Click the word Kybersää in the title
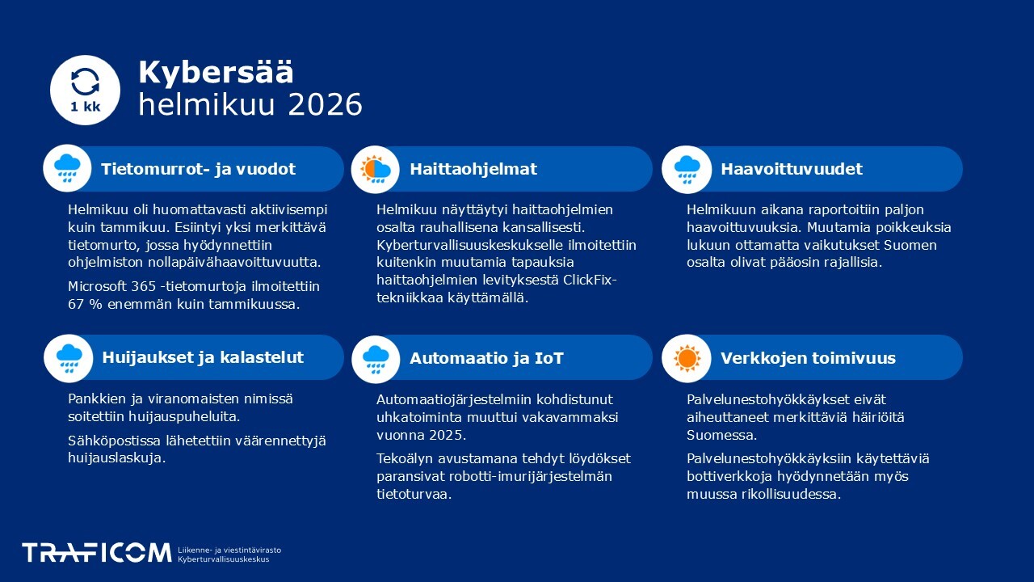click(x=216, y=73)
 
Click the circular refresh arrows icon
click(x=85, y=81)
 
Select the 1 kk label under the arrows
click(x=85, y=107)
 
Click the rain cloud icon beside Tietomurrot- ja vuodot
click(x=67, y=169)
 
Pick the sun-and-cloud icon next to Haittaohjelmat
click(x=376, y=169)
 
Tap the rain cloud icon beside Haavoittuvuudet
click(x=686, y=169)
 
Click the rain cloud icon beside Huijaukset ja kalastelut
click(x=68, y=358)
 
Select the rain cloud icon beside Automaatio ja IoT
click(x=376, y=358)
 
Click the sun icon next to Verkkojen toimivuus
click(x=686, y=358)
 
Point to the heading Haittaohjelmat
click(x=473, y=169)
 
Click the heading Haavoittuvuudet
click(x=791, y=169)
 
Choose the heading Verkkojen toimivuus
click(x=808, y=358)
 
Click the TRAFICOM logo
click(x=96, y=553)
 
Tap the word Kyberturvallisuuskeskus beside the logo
click(x=223, y=559)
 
